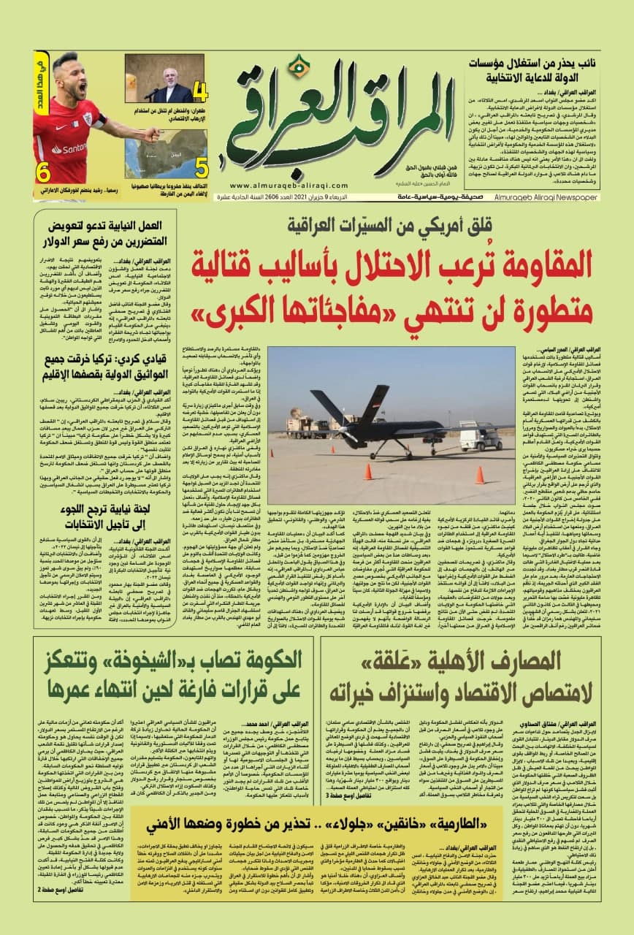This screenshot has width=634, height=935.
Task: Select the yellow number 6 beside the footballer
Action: click(45, 172)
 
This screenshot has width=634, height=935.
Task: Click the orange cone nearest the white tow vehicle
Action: click(479, 475)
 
